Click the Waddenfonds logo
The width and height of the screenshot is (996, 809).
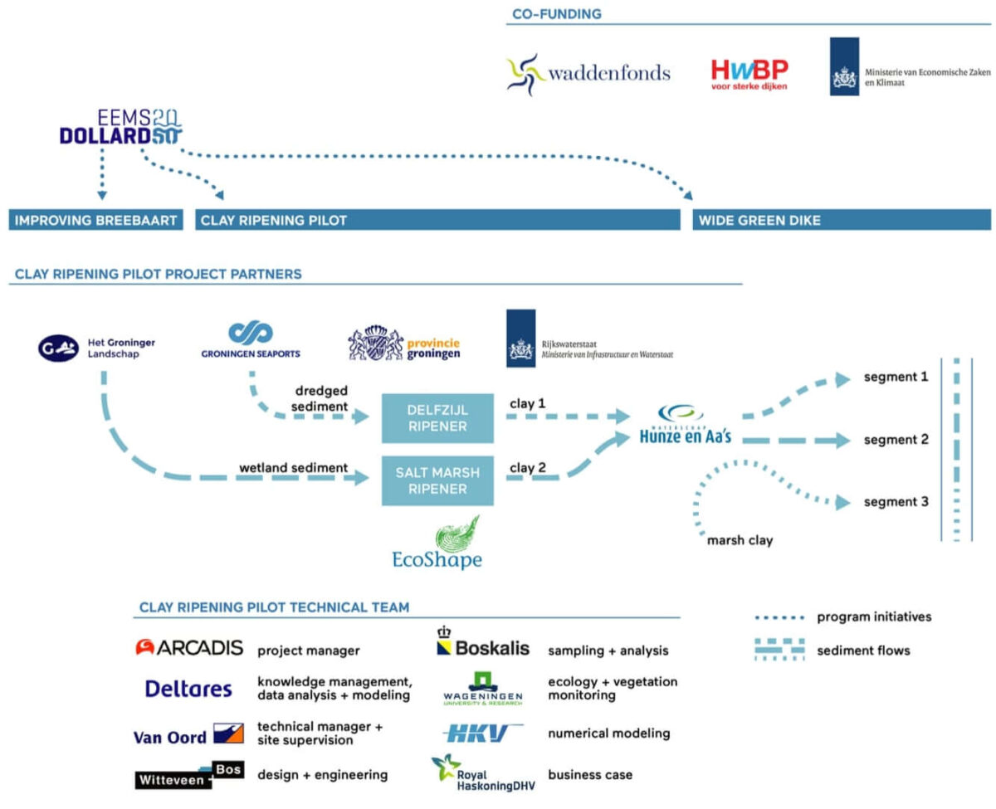(588, 74)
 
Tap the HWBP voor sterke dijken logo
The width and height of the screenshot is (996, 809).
(749, 74)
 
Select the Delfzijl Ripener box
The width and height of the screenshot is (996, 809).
(437, 418)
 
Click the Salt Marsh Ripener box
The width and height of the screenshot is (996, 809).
(437, 480)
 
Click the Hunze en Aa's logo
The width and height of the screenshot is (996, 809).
(685, 424)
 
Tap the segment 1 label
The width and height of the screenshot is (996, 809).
(896, 377)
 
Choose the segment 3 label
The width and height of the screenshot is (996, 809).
(896, 502)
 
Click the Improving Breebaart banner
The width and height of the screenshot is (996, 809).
(95, 220)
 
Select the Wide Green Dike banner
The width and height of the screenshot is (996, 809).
(842, 220)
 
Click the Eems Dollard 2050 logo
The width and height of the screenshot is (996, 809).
(120, 127)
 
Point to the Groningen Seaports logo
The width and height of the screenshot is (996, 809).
(251, 339)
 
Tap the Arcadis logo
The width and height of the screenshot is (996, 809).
(189, 647)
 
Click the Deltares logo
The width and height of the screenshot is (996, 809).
(188, 689)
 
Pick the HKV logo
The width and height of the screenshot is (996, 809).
(481, 733)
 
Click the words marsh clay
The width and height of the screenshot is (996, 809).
(740, 541)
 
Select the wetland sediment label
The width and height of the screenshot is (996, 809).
(293, 467)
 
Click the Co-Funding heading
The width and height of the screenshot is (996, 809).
(556, 14)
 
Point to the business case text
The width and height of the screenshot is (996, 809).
(590, 775)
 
